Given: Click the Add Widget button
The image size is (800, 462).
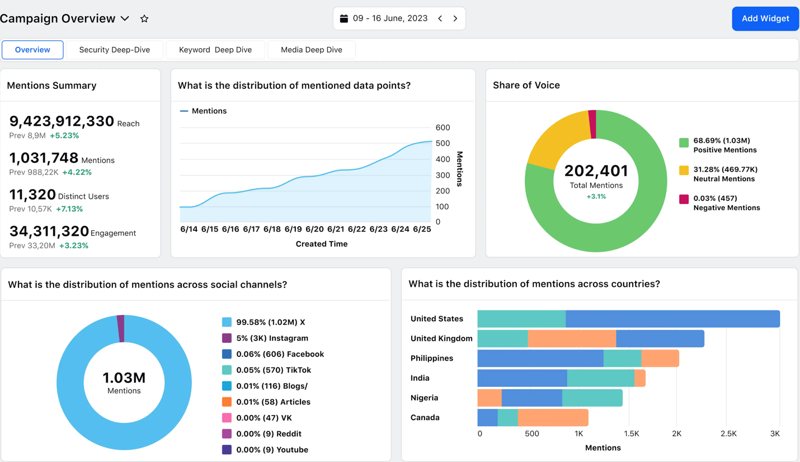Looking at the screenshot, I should [765, 18].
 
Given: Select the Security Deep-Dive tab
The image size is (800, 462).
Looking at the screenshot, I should [115, 50].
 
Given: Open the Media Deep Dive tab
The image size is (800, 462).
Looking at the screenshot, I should [311, 50].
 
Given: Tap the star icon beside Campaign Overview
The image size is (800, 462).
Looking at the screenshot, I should [144, 18].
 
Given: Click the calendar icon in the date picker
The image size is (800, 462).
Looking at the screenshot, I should [344, 18].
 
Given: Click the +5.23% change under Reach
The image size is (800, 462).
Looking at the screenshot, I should [64, 135].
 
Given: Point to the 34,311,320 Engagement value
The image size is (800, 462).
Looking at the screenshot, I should [49, 231].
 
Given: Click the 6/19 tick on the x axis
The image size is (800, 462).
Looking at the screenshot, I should [293, 229].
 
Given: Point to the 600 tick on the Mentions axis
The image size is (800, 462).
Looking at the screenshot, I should [443, 128].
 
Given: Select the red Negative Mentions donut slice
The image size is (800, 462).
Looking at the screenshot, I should [592, 124].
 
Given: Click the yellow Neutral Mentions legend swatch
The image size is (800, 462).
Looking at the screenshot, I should [684, 171].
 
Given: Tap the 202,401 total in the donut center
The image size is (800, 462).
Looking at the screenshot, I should [596, 171].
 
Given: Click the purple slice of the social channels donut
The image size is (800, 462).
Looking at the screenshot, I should [121, 328].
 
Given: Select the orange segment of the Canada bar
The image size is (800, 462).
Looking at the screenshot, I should [553, 418].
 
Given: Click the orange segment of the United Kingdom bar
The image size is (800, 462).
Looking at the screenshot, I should [572, 338].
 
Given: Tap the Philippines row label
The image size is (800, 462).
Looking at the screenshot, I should [431, 358].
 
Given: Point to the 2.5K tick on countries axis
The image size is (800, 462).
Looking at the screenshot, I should [728, 433].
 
